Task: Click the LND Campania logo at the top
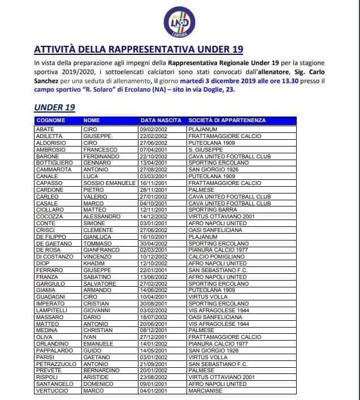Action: click(x=180, y=22)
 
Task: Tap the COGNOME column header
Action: click(x=51, y=121)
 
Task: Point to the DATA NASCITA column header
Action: click(x=161, y=121)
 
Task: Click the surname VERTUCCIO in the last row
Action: click(x=52, y=390)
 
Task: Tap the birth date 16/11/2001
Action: click(x=154, y=183)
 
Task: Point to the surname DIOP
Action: click(x=43, y=264)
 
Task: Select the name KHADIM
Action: click(x=94, y=264)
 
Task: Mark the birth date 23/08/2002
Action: click(x=154, y=377)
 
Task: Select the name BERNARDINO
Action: click(x=102, y=371)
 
